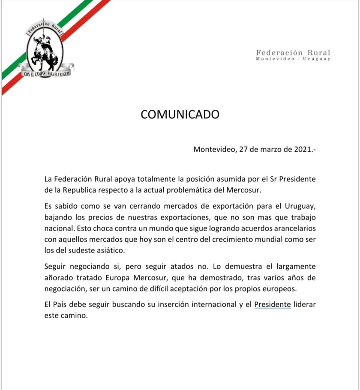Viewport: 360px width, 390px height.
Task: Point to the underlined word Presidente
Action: [273, 305]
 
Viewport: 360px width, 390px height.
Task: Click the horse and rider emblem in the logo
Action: [44, 50]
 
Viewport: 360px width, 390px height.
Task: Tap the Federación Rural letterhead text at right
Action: [293, 53]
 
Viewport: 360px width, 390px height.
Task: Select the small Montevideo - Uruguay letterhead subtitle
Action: [293, 59]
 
